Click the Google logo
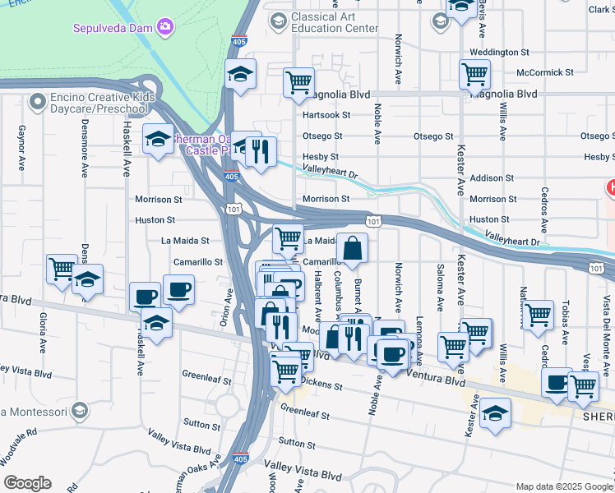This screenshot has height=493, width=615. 27,483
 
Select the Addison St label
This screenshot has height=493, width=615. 492,177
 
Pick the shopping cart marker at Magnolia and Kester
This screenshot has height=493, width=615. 475,74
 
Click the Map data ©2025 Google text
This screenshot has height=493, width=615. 563,486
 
